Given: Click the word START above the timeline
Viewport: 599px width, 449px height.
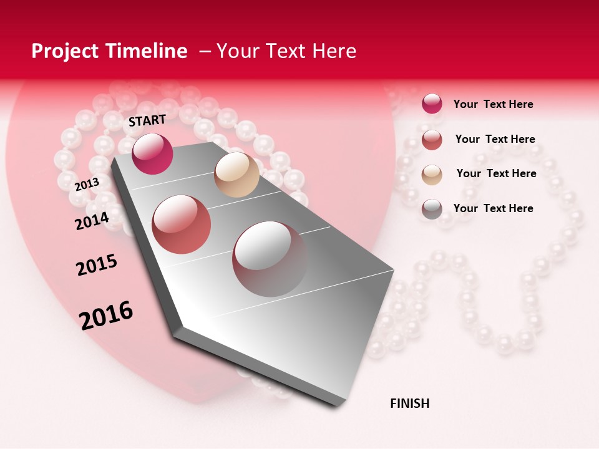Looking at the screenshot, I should [147, 120].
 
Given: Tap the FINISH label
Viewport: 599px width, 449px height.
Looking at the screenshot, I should [409, 403].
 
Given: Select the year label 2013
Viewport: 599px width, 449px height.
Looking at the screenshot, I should [87, 184].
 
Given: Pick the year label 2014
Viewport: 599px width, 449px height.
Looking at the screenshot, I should [92, 221].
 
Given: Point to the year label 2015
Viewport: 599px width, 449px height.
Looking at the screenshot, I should [97, 266].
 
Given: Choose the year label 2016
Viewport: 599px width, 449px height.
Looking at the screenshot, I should [106, 316].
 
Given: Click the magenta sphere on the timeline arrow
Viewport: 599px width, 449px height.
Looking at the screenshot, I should [153, 153].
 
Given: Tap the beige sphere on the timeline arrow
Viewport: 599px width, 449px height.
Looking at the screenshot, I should [236, 175].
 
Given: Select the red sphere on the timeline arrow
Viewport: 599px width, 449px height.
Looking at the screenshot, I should [182, 224].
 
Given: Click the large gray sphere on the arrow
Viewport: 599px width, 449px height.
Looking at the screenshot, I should [270, 258].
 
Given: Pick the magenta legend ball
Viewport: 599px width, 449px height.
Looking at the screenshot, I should [432, 104].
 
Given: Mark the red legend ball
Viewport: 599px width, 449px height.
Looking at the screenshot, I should [432, 139].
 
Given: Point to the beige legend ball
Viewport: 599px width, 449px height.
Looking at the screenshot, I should [432, 174].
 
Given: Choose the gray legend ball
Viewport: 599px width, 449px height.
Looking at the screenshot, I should [432, 208].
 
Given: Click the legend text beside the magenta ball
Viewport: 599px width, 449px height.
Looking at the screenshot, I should [493, 104].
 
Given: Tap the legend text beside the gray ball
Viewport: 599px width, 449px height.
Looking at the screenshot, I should [493, 208].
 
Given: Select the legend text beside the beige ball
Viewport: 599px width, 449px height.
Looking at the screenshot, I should [496, 173].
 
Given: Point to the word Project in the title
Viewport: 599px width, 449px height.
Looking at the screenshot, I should [64, 51].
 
